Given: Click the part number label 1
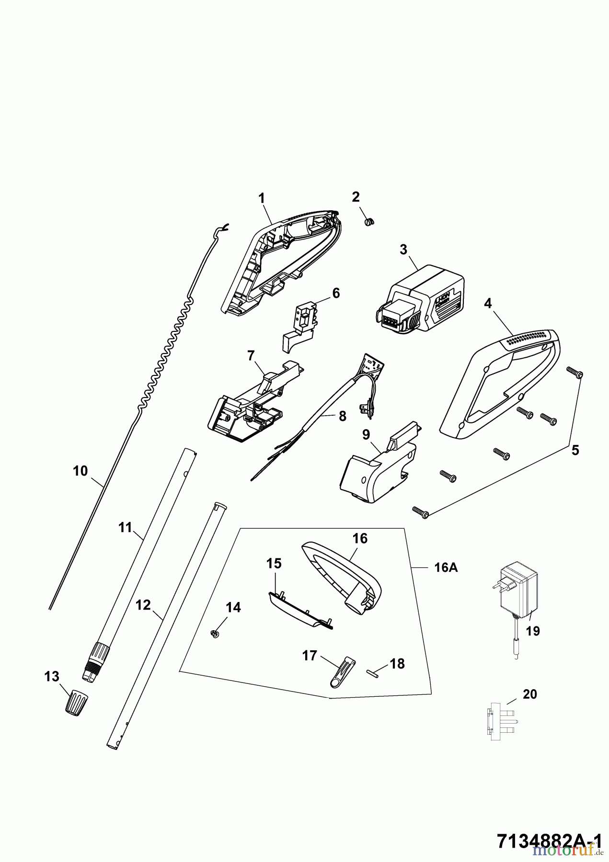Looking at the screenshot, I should (x=262, y=197).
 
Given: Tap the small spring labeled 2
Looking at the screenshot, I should (x=369, y=221).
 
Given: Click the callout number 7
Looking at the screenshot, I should (x=250, y=355).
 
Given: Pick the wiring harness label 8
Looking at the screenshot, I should (x=342, y=417).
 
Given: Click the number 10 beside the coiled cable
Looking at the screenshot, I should (x=80, y=471).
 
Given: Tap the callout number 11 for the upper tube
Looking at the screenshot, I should (x=125, y=528).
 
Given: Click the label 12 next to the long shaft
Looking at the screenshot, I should (x=143, y=605).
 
